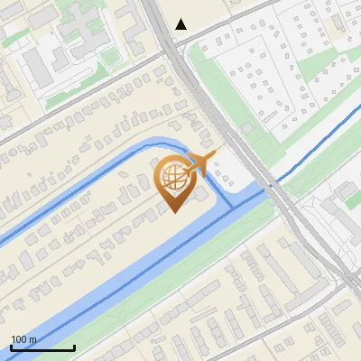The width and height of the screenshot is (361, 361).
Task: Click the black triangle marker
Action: [x=181, y=24]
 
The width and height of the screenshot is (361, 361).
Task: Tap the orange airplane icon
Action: [x=204, y=162]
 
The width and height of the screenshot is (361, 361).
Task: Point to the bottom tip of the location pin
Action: [x=173, y=212]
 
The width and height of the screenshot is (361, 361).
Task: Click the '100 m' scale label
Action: [x=24, y=339]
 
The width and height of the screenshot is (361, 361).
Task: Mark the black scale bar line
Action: [x=42, y=347]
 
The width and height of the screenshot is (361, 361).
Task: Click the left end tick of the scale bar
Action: [x=12, y=347]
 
